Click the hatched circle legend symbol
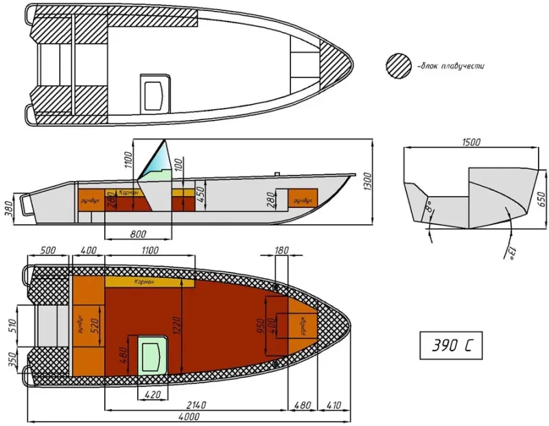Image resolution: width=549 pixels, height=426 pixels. pos(399,66)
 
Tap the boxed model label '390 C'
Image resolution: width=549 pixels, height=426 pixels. pos(451,345)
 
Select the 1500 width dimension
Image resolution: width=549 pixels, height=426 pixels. pos(471,143)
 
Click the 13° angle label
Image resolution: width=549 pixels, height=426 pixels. pos(510,253)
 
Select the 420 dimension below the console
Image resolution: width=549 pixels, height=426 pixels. pos(152,394)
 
